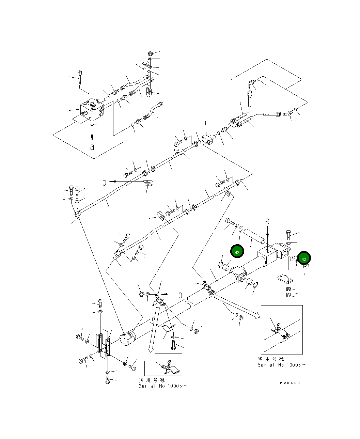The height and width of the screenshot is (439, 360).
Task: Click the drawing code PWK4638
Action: pos(292,383)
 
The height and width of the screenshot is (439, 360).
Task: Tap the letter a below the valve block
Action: pos(92,147)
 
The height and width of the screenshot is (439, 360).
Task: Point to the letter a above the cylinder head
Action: pos(267,221)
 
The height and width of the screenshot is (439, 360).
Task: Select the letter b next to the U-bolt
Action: pos(105,182)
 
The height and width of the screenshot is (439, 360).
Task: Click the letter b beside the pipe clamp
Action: pos(180,295)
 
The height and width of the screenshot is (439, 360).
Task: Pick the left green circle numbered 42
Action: pos(237,252)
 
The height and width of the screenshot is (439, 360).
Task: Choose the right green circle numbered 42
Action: pos(304,259)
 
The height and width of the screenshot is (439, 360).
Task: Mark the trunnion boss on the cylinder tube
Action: pos(239,275)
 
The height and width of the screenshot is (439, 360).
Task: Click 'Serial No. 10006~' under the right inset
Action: pos(282,365)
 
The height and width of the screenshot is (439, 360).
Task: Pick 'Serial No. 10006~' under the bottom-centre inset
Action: pos(163,386)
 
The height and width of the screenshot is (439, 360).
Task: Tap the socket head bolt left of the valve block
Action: pos(80,77)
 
